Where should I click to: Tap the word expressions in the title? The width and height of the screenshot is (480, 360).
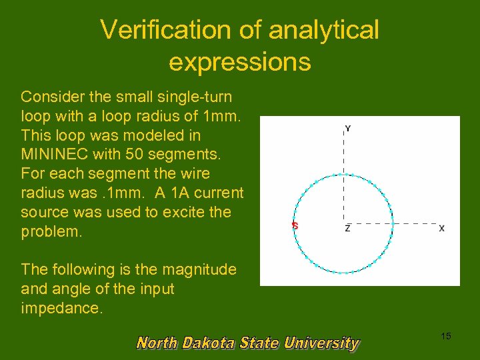point(239,61)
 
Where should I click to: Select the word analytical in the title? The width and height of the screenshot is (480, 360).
point(323,29)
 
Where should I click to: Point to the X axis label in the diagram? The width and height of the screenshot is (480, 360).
point(441,228)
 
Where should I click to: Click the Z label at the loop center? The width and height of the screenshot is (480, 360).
point(347,228)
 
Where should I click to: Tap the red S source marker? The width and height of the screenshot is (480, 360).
point(295,226)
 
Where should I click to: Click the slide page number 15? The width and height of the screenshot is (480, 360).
point(445,336)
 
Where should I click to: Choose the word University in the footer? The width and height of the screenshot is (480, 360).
point(321,343)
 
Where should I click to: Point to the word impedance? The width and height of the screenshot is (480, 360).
point(62,309)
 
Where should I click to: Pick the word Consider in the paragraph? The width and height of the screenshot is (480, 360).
point(53,97)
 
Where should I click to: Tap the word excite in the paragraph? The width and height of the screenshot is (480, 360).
point(182,213)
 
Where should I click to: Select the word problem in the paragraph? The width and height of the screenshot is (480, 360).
point(50,232)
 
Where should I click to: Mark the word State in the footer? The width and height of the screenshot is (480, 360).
point(261,343)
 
